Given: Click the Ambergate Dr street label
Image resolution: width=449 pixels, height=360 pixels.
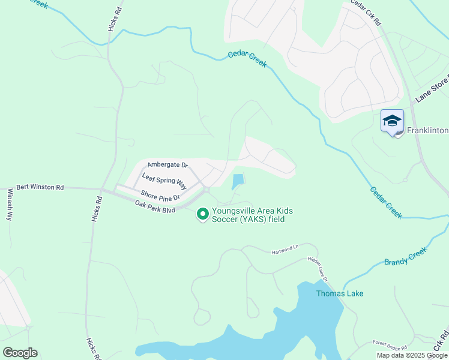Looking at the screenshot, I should point(167,164).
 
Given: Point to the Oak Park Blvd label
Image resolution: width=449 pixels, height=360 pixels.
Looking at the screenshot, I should point(155,206).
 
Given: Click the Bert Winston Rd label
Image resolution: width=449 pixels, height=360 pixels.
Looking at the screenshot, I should point(40,187).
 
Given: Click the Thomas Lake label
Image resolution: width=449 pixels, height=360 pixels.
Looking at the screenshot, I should point(340,293).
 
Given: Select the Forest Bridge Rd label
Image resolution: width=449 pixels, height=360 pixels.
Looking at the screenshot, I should point(389,346).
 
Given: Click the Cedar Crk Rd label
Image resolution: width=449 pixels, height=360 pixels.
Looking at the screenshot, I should point(366,12).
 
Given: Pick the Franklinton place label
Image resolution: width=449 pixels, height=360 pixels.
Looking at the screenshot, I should point(427,130).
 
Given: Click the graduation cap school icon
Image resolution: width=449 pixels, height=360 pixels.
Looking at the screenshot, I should point(392,121).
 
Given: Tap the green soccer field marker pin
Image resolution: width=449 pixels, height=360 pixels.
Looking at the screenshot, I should point(202,213).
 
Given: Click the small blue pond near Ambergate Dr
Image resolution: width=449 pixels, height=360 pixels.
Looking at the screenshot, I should point(238,180).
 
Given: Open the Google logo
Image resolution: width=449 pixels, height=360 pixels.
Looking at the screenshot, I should point(20,353).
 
